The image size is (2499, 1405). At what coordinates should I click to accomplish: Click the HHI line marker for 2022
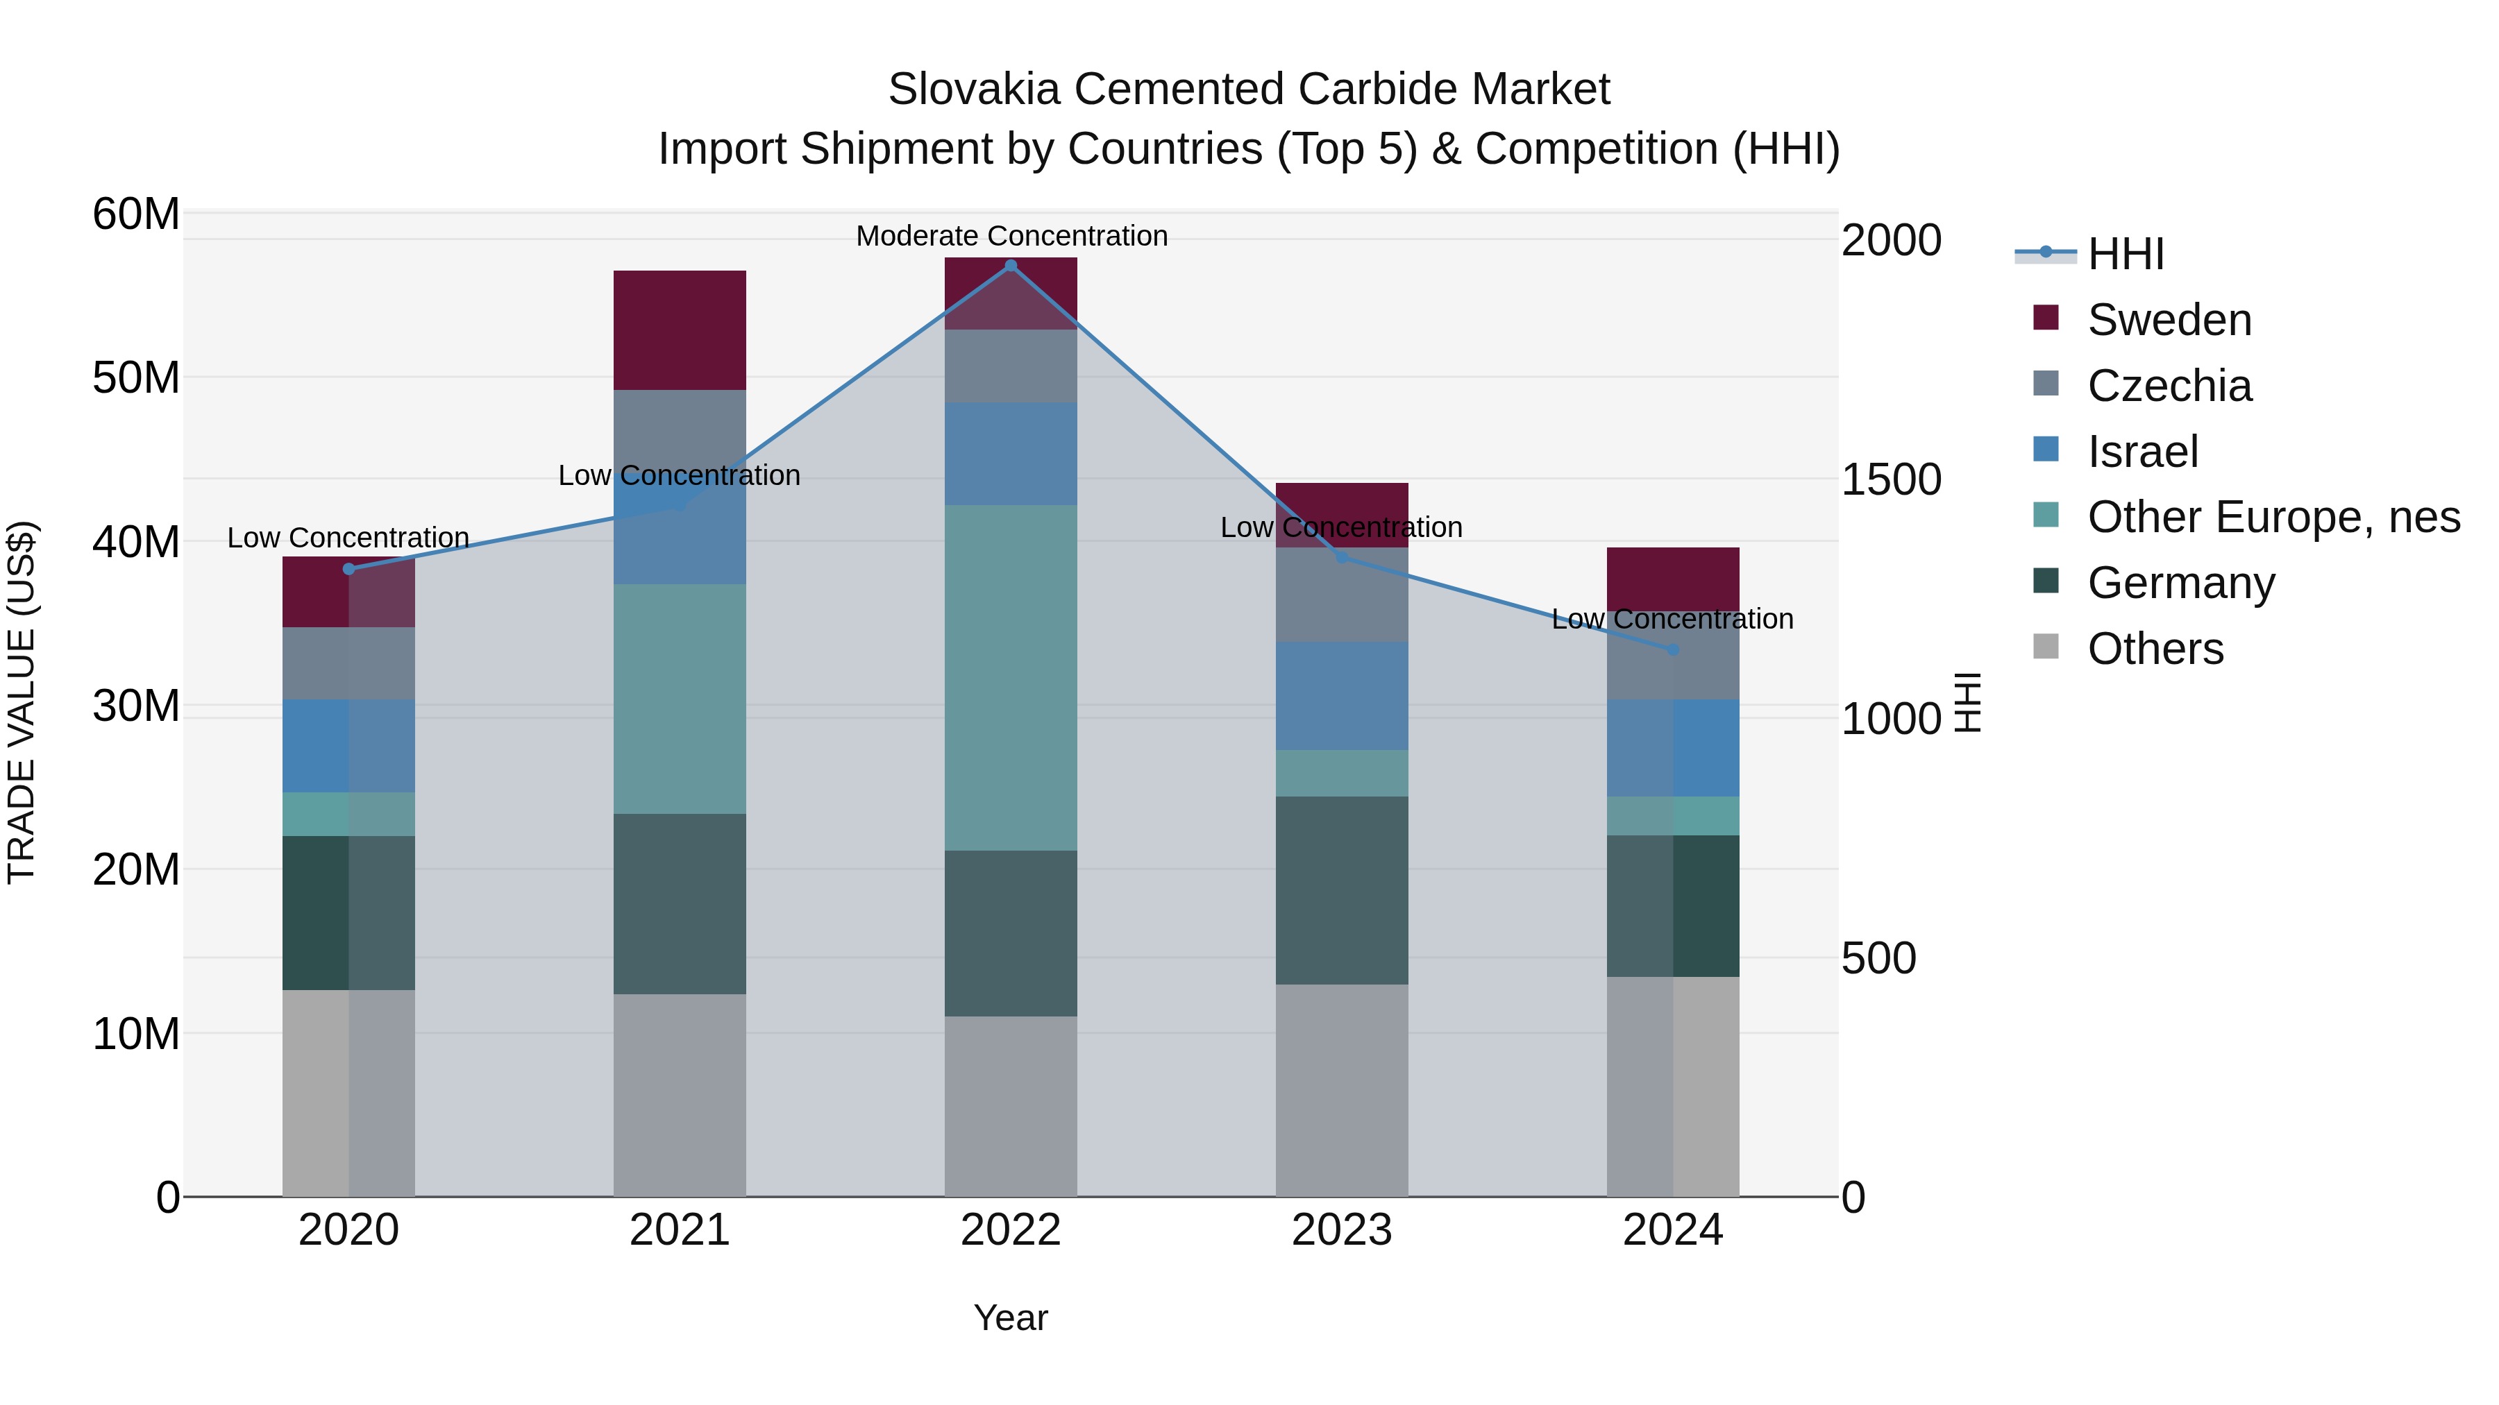tap(1010, 265)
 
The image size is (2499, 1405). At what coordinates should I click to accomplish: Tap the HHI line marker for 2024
tap(1672, 649)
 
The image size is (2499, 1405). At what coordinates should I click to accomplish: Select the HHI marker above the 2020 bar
tap(348, 569)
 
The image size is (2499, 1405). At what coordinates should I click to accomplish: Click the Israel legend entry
tap(2142, 452)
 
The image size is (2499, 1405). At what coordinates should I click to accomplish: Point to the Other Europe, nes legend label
tap(2273, 517)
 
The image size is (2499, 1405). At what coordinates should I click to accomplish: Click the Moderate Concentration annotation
tap(1011, 236)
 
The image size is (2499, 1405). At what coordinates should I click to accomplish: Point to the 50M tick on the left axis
tap(136, 377)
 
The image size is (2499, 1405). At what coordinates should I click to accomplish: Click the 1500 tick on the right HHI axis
tap(1891, 480)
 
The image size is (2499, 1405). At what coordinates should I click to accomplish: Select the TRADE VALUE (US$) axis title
tap(22, 702)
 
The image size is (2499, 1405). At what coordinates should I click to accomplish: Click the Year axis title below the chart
tap(1010, 1318)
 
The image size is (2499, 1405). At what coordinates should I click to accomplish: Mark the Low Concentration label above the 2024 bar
tap(1672, 619)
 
